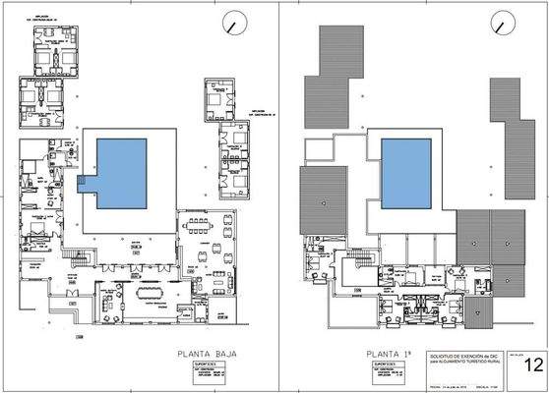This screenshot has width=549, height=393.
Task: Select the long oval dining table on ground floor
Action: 153,292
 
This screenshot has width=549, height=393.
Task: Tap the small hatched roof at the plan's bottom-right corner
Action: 478,314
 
